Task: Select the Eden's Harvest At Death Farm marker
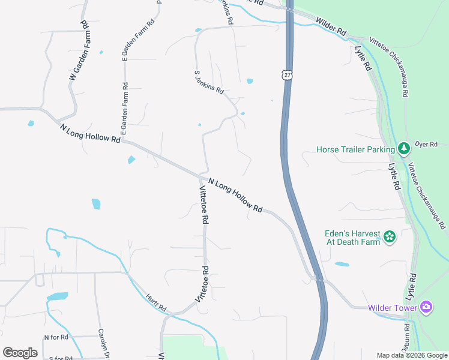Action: [390, 238]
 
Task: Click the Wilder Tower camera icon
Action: [427, 308]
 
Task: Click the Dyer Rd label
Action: [430, 145]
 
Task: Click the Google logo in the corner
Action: [20, 353]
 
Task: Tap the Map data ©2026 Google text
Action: [411, 355]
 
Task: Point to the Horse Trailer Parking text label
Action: [355, 149]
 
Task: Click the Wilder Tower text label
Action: [393, 308]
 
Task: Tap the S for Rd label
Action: [60, 358]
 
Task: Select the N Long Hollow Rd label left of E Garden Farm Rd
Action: [90, 133]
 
